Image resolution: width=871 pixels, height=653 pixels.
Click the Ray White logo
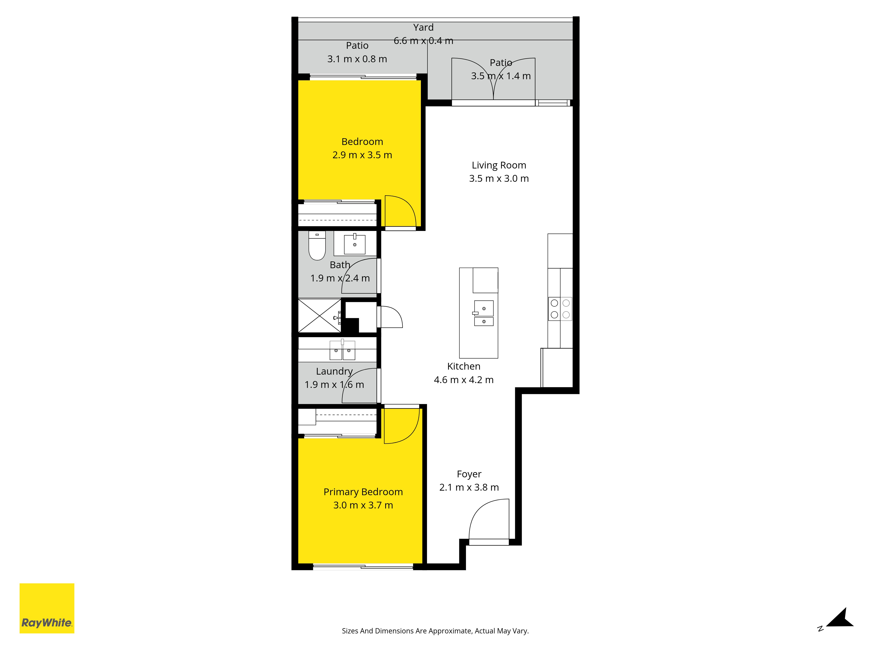[47, 608]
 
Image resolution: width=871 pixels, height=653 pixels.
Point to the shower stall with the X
[320, 316]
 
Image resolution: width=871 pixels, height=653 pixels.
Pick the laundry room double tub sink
[342, 350]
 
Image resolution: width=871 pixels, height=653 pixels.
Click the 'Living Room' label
[499, 165]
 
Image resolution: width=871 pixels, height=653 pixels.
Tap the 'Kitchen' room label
[464, 367]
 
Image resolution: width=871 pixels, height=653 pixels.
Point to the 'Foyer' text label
[469, 474]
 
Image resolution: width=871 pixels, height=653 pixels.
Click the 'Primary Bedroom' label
[363, 492]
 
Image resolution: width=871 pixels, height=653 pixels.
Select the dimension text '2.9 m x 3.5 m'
[362, 155]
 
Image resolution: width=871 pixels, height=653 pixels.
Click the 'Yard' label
[423, 28]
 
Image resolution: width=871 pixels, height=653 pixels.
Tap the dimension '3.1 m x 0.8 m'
[357, 59]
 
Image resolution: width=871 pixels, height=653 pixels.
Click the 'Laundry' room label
[334, 372]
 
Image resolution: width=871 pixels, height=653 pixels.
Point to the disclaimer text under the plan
[435, 631]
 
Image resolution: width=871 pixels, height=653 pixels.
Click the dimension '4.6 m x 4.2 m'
[464, 380]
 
